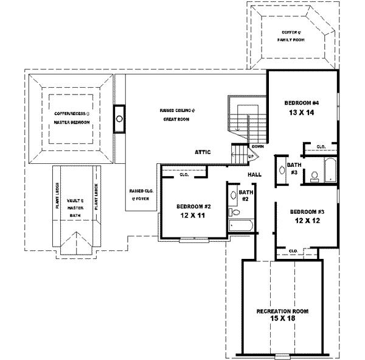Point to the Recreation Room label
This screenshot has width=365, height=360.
click(x=282, y=311)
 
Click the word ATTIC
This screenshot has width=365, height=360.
click(x=202, y=152)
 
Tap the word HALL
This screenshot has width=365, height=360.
click(x=254, y=175)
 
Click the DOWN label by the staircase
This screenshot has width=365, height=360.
click(x=257, y=146)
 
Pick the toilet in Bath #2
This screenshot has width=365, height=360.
click(x=235, y=212)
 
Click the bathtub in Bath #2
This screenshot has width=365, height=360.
click(x=242, y=225)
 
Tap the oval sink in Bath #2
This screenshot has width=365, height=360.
click(x=233, y=196)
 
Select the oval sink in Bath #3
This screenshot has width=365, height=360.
click(x=280, y=171)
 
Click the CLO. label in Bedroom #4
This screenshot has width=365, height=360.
click(x=321, y=146)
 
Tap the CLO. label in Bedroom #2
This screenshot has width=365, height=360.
click(x=184, y=175)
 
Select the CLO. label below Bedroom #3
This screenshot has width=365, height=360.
click(x=293, y=250)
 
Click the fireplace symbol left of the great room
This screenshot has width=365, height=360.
click(x=119, y=119)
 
